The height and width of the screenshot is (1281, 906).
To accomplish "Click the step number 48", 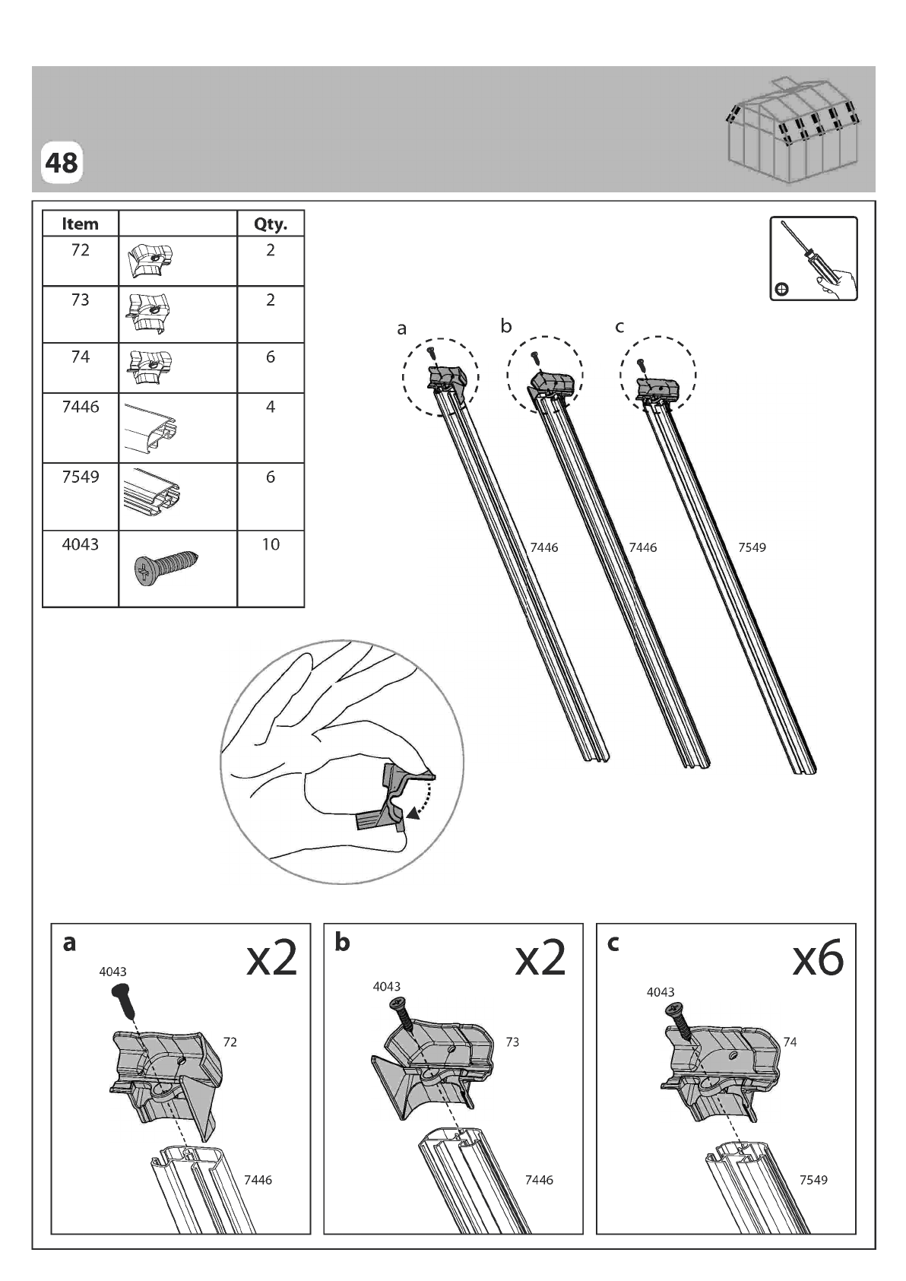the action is pos(61,163).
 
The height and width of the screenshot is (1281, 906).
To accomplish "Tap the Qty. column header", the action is pos(271,224).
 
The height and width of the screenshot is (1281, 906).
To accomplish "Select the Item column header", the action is pos(80,224).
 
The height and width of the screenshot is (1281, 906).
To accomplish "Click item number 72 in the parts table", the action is pos(80,250).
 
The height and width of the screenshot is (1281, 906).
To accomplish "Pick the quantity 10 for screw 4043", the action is pos(271,544).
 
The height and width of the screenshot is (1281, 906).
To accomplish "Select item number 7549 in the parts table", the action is pos(80,477).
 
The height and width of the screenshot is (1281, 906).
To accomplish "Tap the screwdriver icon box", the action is pos(813,258).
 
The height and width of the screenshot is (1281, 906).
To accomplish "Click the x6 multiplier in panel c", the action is pos(817,957).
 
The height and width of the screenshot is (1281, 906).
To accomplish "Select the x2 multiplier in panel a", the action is pos(271,957).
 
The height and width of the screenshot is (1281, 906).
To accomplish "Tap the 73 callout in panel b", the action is pos(512,1042).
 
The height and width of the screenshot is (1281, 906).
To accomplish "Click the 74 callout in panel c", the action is pos(790,1042).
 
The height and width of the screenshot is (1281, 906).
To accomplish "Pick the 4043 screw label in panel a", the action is pos(112,972).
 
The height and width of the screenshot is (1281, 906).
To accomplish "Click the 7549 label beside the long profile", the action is pos(752,547).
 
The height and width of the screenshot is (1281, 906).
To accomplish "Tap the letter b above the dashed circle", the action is pos(506,326).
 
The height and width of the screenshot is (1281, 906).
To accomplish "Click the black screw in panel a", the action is pos(124,999).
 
